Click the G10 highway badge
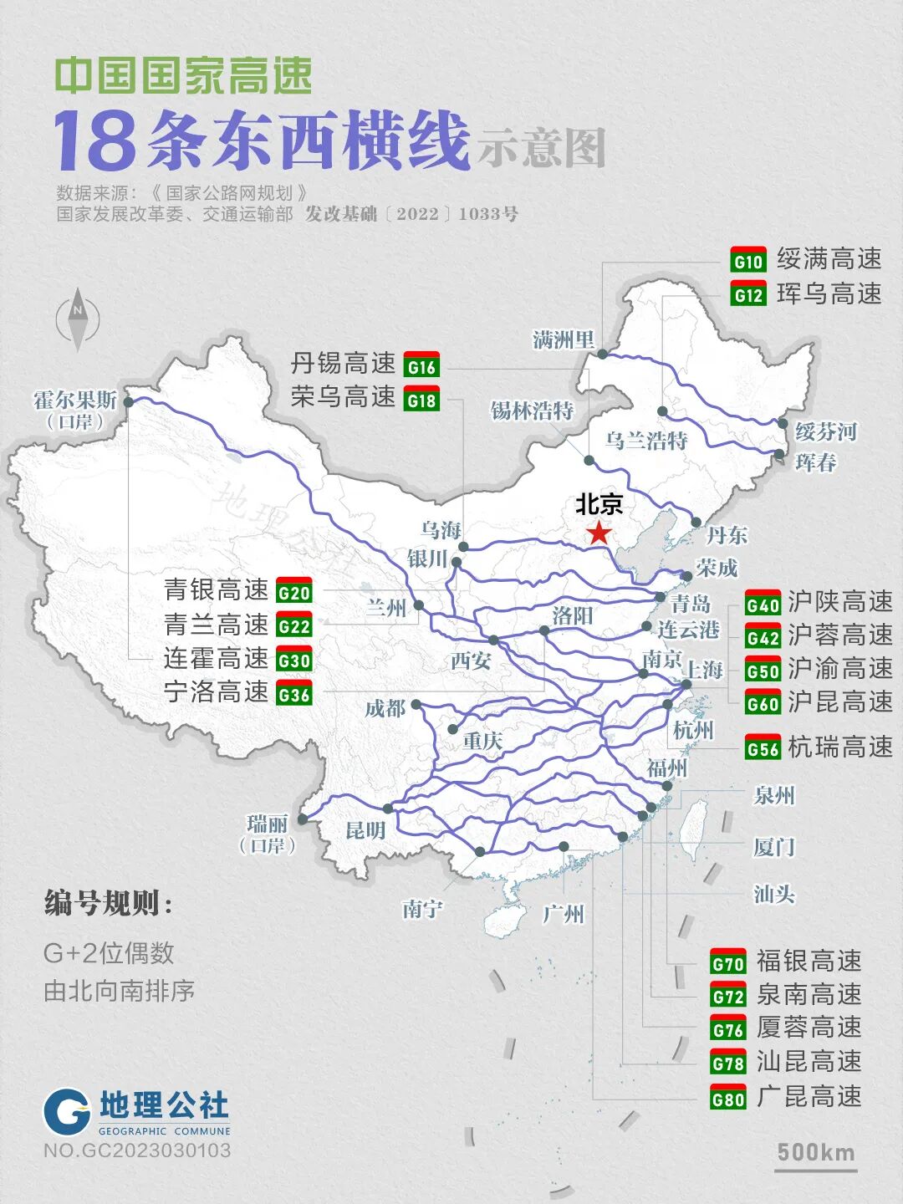tap(747, 260)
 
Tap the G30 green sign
tap(293, 660)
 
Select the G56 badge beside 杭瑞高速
tap(763, 747)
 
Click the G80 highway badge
tap(727, 1097)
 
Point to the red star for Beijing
tap(599, 533)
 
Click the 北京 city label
tap(599, 504)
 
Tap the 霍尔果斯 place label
tap(75, 400)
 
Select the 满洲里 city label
tap(564, 339)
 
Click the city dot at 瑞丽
tap(303, 819)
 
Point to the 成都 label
tap(385, 709)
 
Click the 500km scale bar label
tap(815, 1152)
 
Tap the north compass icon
tap(78, 318)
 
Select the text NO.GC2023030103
tap(137, 1150)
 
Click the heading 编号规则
tap(109, 904)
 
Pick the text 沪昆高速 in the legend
tap(839, 702)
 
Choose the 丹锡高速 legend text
tap(343, 364)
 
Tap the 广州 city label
tap(563, 914)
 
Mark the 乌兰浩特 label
tap(645, 441)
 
